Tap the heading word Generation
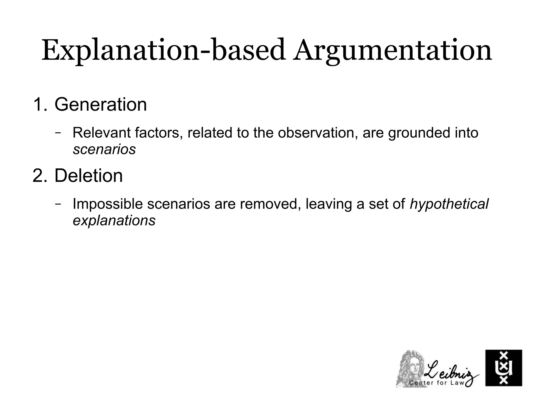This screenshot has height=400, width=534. [101, 104]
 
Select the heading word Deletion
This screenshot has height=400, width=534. [88, 176]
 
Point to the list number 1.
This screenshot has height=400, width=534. [39, 104]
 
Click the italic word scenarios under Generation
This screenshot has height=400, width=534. [104, 149]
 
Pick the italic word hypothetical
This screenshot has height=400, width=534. [449, 204]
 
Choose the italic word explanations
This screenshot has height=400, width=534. [114, 220]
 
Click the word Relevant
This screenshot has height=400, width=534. [101, 133]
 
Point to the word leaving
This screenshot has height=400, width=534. [329, 204]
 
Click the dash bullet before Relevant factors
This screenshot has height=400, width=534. [58, 132]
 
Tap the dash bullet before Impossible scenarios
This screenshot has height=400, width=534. [58, 204]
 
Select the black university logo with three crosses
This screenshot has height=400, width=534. [503, 368]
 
